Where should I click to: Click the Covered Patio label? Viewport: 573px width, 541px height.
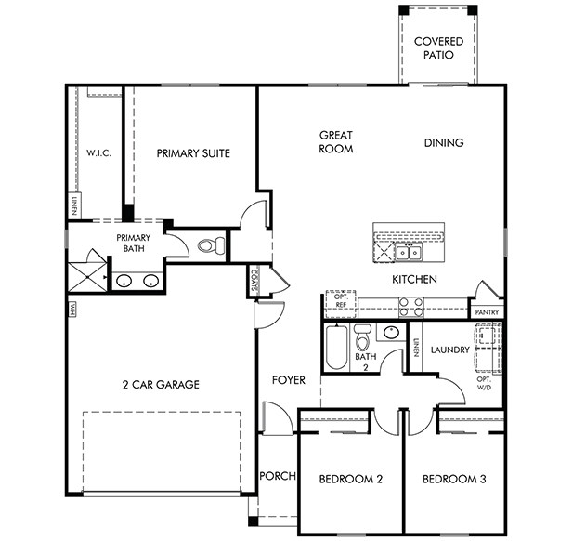(438, 48)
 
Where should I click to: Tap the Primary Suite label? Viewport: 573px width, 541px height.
(193, 153)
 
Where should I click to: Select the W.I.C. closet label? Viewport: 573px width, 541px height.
(98, 152)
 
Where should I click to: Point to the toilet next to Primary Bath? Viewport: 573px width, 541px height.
(212, 244)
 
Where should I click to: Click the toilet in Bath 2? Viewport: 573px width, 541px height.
(362, 336)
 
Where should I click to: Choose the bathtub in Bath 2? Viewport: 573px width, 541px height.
(336, 347)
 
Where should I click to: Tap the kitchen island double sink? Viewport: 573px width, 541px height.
(409, 252)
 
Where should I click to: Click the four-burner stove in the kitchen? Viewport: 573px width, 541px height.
(411, 307)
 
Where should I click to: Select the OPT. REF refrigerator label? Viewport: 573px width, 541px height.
(341, 300)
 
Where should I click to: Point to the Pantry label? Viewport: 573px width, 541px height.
(487, 312)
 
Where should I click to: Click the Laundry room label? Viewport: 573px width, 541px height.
(449, 350)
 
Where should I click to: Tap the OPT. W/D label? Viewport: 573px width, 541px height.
(484, 383)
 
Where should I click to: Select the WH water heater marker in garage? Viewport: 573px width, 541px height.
(72, 310)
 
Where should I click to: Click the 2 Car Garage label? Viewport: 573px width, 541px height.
(161, 385)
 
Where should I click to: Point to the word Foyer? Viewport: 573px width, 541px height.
(289, 380)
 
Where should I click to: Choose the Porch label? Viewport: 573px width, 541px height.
(278, 476)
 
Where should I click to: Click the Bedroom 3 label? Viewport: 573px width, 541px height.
(454, 479)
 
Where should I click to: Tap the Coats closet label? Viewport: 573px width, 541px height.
(254, 281)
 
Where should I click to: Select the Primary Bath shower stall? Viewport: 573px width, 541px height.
(87, 277)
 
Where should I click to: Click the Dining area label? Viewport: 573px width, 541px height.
(444, 142)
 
